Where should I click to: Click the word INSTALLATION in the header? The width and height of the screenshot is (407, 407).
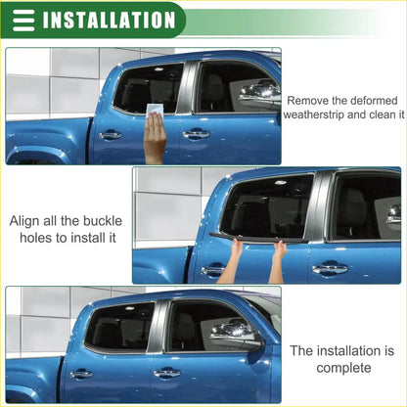tap(110, 20)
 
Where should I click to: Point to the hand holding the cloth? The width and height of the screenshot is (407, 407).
tap(155, 137)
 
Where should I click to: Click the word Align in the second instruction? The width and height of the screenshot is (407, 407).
tap(29, 220)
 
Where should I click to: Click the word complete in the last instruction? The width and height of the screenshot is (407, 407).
tap(343, 367)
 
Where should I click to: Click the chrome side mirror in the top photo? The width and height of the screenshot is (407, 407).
tap(259, 93)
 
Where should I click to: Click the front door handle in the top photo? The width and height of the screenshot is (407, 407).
tap(196, 133)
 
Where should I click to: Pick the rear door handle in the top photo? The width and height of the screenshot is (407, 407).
tap(111, 135)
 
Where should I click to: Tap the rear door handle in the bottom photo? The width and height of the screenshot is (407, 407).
tap(81, 374)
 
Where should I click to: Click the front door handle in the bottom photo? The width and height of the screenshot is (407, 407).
tap(166, 373)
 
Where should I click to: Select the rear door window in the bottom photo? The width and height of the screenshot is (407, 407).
tap(119, 328)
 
